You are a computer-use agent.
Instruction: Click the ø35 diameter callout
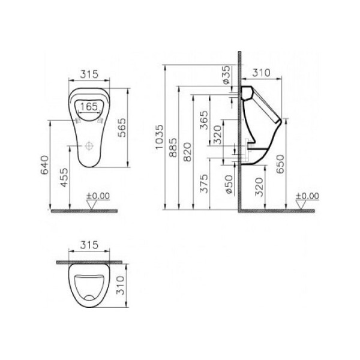click(x=226, y=77)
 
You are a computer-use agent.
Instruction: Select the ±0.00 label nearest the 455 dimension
click(x=98, y=196)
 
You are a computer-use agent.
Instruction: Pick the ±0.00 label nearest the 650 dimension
click(x=307, y=196)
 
